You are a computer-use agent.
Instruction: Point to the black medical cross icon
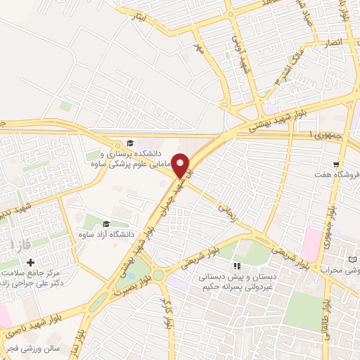click(x=30, y=262)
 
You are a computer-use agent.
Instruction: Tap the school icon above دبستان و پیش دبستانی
click(x=237, y=266)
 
